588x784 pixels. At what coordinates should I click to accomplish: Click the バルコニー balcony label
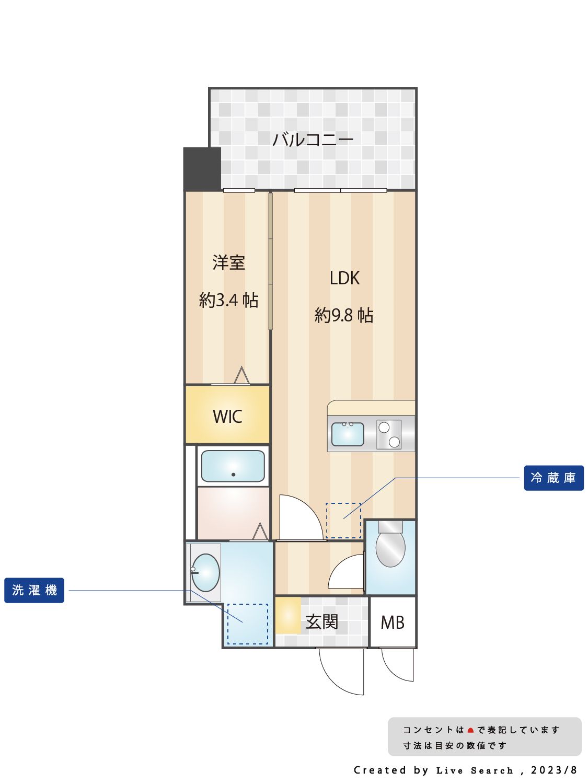point(313,140)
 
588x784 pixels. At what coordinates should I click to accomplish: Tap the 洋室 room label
point(228,262)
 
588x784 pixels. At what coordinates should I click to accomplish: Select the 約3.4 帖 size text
point(228,300)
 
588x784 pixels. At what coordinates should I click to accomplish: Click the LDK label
point(344,278)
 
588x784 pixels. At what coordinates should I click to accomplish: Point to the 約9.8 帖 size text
point(343,315)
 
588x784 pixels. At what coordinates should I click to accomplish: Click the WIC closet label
point(227,417)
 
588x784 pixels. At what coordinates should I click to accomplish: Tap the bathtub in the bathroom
point(233,466)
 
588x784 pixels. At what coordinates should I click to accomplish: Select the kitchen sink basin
point(348,434)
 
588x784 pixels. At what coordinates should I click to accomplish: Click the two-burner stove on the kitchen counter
point(389,434)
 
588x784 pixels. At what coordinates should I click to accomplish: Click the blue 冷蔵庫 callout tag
point(554,478)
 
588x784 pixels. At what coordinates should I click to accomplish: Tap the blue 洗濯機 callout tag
point(34,590)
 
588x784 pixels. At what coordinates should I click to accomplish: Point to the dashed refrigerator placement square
point(343,520)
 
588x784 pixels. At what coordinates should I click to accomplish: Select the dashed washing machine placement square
point(247,624)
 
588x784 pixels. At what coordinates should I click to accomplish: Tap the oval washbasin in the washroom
point(205,572)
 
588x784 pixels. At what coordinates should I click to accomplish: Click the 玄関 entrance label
point(321,622)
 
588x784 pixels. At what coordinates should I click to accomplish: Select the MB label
point(393,622)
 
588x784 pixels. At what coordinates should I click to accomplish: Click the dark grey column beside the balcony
point(202,169)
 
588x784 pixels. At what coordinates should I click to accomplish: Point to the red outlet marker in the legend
point(470,730)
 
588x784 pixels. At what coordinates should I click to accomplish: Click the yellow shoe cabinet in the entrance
point(288,616)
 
